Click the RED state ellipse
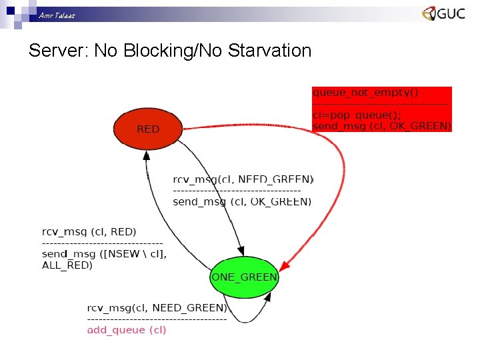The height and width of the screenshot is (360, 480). click(x=147, y=129)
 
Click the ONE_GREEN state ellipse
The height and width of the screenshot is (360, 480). click(x=243, y=277)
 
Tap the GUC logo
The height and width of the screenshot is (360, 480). click(x=443, y=14)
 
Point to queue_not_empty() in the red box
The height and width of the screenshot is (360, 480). click(x=356, y=93)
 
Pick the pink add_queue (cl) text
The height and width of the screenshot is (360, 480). click(x=127, y=329)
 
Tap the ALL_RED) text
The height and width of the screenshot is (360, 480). click(x=67, y=265)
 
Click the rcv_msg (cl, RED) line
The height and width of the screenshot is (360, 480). click(x=89, y=231)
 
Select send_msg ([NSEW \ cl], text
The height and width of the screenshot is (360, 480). click(x=104, y=254)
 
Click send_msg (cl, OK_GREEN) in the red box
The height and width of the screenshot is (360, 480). click(x=381, y=125)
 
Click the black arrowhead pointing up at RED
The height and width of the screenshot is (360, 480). click(x=146, y=156)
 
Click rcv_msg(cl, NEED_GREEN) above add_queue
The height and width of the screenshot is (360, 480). click(x=157, y=308)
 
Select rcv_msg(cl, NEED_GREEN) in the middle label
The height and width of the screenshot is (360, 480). click(x=243, y=179)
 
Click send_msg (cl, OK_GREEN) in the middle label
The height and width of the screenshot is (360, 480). click(x=241, y=201)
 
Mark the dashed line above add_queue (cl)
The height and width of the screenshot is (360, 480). click(x=157, y=319)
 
